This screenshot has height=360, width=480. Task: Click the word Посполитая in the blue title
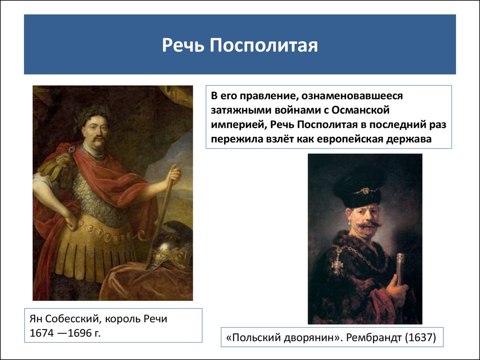263,45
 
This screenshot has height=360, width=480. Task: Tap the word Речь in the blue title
183,45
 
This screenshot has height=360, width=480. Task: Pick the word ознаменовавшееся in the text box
352,96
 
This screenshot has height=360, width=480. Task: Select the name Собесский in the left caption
72,319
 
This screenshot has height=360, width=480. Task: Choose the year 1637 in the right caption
420,337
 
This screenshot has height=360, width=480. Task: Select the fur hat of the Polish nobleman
358,190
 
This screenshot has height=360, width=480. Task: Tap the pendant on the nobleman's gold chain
337,263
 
